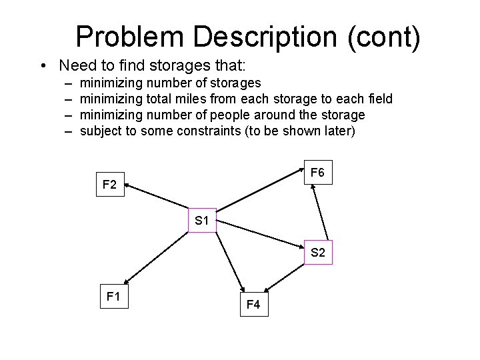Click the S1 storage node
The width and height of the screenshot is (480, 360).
point(203,220)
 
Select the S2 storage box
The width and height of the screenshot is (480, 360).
point(317,253)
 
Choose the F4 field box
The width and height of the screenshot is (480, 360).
point(253,305)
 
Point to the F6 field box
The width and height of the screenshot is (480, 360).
point(317,173)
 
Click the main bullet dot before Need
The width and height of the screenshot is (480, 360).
point(43,66)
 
